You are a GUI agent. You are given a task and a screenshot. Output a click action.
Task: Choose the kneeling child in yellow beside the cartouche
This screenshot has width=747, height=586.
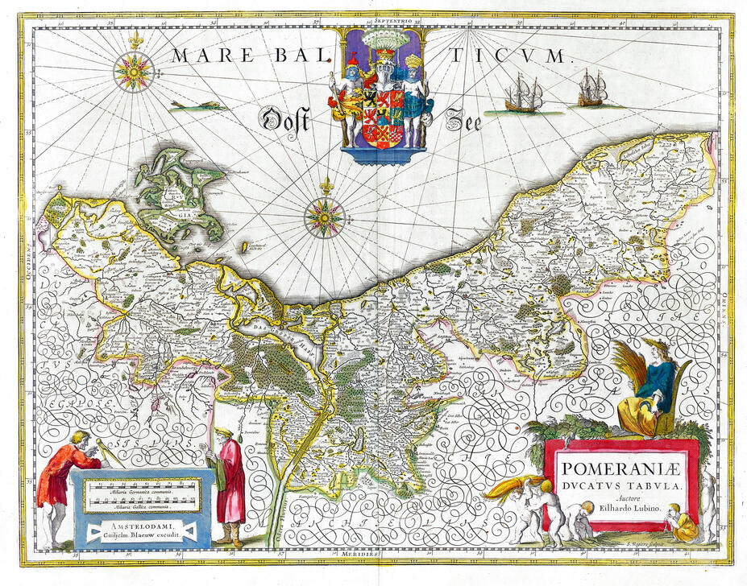point(683,525)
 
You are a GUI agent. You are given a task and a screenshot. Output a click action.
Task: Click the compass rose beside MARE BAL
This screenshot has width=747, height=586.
point(133,72)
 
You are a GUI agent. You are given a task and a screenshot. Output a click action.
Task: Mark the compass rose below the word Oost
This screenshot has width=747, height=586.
point(324,217)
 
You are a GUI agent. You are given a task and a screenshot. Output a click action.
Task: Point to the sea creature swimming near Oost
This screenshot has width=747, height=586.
point(196,105)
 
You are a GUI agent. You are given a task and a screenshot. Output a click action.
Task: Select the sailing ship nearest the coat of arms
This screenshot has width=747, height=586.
point(524,96)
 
